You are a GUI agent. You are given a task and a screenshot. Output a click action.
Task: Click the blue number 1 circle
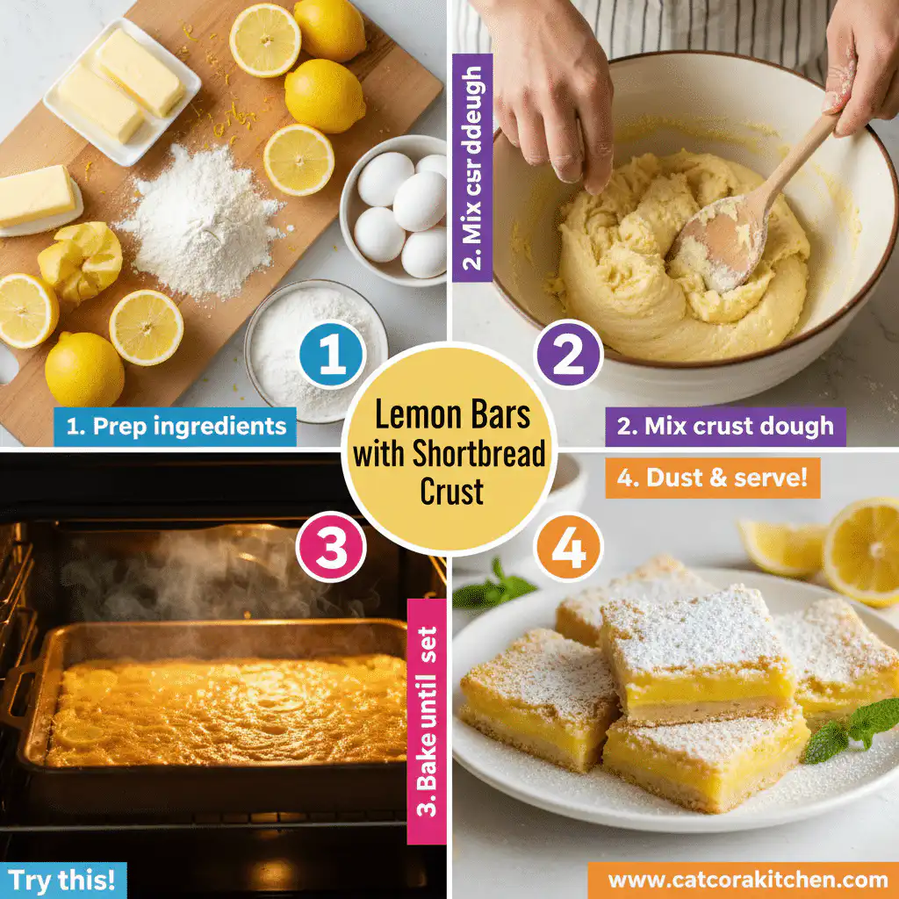333,356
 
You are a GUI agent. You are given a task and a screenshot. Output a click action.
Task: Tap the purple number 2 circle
567,356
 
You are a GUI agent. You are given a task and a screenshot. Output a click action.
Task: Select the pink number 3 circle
333,546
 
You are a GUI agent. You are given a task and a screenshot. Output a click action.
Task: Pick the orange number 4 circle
567,546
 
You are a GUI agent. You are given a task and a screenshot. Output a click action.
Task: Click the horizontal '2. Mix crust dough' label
725,427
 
